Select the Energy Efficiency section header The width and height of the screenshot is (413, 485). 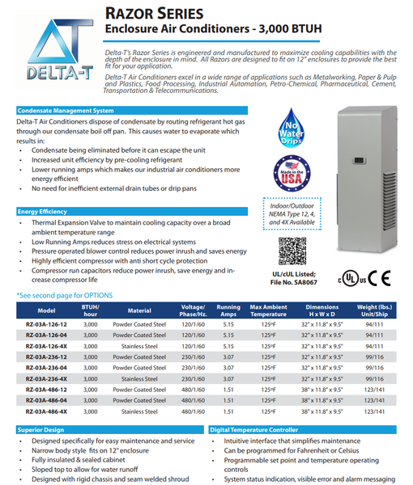pyautogui.click(x=43, y=211)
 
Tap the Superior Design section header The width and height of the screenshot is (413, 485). pyautogui.click(x=41, y=430)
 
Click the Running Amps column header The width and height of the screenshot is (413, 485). pyautogui.click(x=228, y=310)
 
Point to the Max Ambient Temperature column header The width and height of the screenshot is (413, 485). pyautogui.click(x=268, y=310)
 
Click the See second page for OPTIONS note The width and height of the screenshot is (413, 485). pyautogui.click(x=64, y=297)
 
